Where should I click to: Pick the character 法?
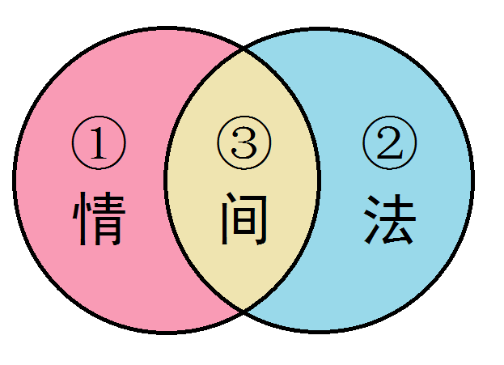(x=389, y=219)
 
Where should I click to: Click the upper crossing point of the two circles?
(x=244, y=48)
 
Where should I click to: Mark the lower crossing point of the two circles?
(x=244, y=311)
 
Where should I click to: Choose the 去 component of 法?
(x=398, y=219)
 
